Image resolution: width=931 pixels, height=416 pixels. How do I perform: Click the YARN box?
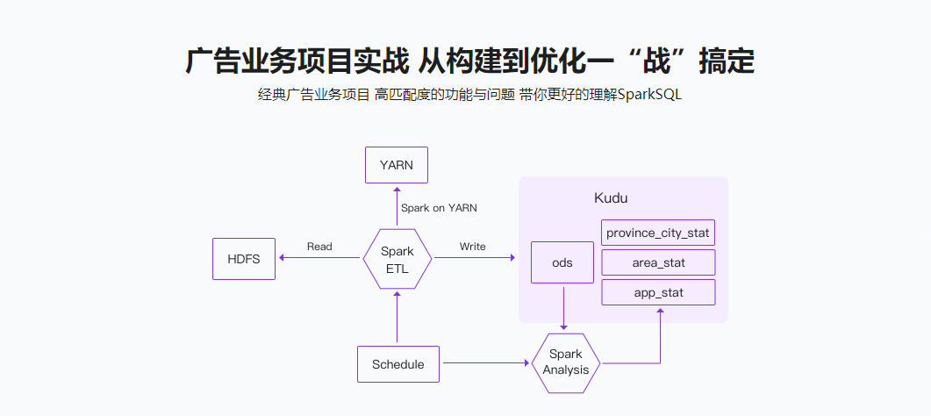[x=397, y=165]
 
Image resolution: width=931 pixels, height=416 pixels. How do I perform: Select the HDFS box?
[x=244, y=259]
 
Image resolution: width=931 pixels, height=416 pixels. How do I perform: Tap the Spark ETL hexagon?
[x=397, y=259]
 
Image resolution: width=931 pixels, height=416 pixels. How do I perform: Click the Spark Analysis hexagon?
[x=566, y=362]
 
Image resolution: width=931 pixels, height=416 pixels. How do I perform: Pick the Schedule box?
[x=397, y=364]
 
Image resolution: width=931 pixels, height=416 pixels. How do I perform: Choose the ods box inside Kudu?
[x=562, y=262]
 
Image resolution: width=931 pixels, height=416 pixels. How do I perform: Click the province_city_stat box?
[x=658, y=233]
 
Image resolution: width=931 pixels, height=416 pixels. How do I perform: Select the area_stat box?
[x=658, y=262]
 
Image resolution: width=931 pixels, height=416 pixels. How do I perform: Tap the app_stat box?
[x=658, y=292]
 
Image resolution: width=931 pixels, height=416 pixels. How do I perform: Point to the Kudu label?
[x=611, y=198]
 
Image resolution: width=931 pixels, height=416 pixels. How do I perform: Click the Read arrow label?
[x=319, y=247]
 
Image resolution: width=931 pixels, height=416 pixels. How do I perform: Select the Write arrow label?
[x=472, y=247]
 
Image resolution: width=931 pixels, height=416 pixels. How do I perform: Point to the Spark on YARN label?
[x=439, y=208]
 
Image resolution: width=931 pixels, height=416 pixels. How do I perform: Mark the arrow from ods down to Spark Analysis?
[x=563, y=307]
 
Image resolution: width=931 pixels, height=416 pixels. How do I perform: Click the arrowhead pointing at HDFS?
[x=282, y=258]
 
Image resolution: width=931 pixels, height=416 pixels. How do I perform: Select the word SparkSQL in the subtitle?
[x=649, y=95]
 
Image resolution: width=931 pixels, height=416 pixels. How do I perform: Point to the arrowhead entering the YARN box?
[x=397, y=188]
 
